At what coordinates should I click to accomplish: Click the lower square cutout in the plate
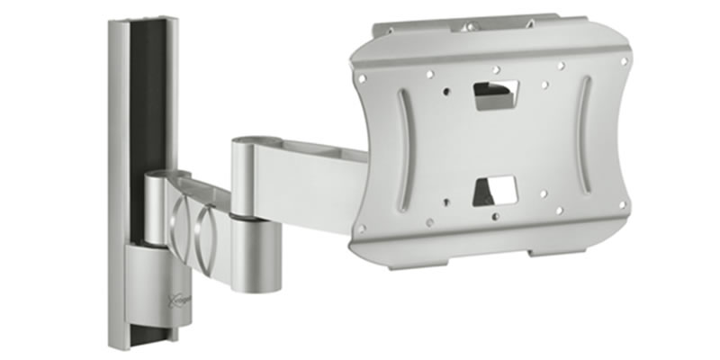(496, 190)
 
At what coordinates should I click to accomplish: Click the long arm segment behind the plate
(315, 180)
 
